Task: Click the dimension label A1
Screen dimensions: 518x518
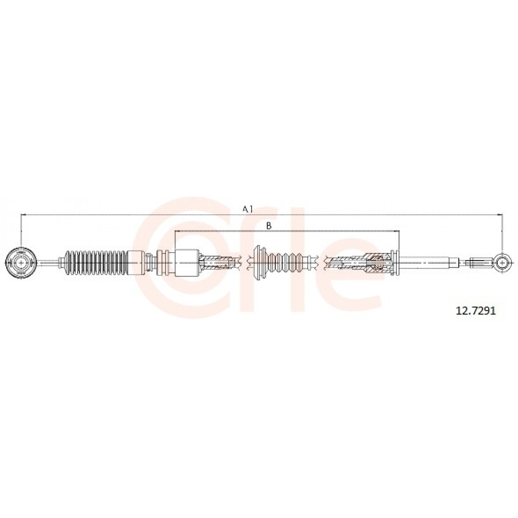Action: [247, 209]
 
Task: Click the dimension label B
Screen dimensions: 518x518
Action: [269, 226]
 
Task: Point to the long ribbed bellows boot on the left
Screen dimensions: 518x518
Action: [97, 263]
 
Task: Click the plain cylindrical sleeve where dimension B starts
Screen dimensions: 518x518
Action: [187, 263]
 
